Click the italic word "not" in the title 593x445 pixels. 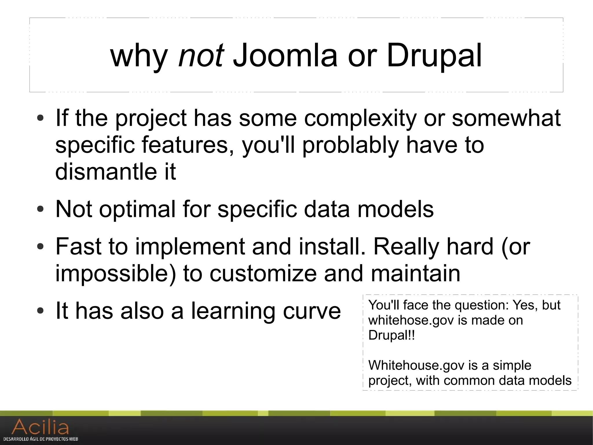(201, 55)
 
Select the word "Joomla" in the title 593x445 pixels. (285, 55)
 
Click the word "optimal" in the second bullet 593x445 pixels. (137, 209)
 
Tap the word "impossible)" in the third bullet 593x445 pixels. (115, 274)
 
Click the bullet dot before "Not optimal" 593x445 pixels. (40, 209)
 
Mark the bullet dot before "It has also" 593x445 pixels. (40, 311)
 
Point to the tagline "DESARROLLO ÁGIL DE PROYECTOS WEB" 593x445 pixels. (41, 439)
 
